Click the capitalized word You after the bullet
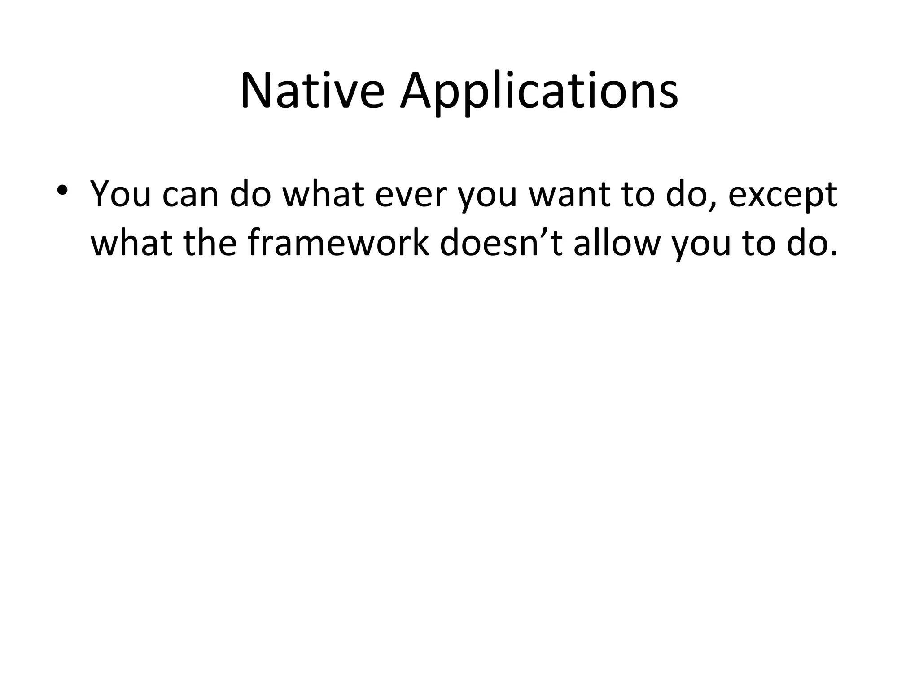121,195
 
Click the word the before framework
210,243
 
